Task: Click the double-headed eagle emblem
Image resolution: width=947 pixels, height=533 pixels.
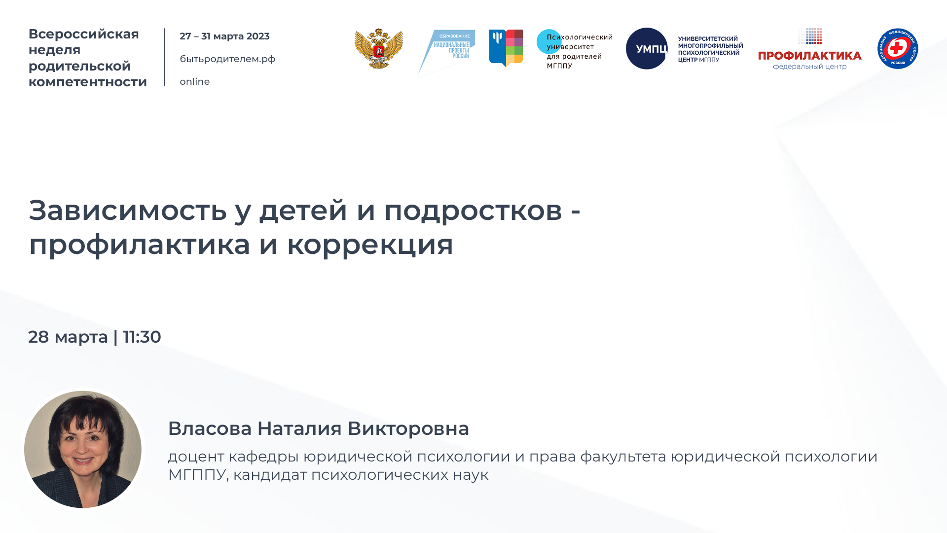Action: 379,48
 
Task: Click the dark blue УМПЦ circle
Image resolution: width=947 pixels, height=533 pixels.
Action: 647,48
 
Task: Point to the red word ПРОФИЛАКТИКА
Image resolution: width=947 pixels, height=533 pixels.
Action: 809,56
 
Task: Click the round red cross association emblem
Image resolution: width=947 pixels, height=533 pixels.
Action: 897,48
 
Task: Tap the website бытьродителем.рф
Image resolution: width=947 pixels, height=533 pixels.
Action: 227,59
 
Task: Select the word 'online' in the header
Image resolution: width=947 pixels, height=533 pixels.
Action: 195,82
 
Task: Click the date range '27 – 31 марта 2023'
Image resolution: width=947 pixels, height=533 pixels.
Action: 224,36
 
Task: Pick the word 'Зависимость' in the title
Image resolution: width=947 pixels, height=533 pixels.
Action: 128,211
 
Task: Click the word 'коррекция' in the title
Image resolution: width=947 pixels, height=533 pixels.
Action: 370,245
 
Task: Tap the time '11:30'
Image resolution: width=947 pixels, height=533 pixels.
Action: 142,337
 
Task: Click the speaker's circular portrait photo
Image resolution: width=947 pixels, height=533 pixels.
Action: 83,449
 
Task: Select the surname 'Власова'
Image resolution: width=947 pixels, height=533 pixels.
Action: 210,428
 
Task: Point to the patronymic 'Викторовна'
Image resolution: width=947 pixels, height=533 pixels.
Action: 408,428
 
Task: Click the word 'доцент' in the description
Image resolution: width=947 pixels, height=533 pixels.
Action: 196,457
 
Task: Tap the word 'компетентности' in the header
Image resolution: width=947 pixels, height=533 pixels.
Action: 88,82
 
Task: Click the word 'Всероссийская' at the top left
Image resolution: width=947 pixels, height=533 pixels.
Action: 84,34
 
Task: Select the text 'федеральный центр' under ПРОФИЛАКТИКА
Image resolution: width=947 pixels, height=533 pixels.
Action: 809,67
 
